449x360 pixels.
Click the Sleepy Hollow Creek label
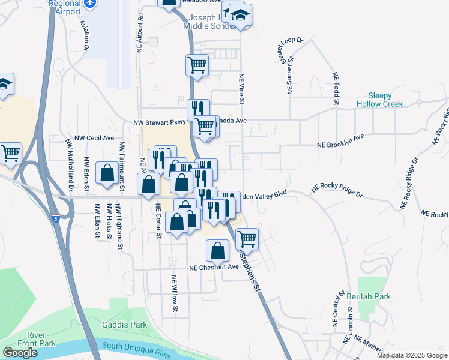388,100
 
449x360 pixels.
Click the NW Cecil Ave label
94,137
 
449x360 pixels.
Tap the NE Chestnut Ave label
214,268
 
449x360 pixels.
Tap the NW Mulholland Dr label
70,165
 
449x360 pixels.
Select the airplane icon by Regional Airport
91,4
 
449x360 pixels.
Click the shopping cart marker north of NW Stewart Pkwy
197,65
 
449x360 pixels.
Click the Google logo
20,353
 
